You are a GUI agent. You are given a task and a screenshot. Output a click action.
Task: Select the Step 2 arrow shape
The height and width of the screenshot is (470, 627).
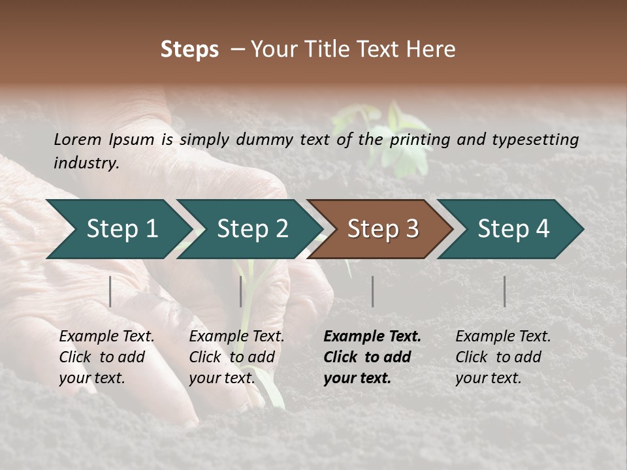[251, 229]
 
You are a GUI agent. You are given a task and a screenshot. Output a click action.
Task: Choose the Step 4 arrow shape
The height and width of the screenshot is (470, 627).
[512, 229]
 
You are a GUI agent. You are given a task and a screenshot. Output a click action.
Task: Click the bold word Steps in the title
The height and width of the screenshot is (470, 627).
[189, 50]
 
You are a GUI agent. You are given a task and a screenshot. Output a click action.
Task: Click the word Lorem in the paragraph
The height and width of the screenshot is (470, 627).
[77, 139]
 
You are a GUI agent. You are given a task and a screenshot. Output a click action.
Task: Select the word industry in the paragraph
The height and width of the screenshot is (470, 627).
[85, 163]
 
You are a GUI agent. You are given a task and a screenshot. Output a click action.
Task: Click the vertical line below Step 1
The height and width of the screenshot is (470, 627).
[110, 291]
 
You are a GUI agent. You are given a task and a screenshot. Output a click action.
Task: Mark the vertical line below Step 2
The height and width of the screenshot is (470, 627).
[241, 291]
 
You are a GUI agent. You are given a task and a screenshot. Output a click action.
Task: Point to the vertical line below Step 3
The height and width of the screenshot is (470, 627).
[372, 291]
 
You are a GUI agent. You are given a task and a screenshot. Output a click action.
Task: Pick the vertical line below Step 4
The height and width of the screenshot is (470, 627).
[504, 291]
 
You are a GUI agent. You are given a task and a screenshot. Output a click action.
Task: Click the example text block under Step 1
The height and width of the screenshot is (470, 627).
[106, 357]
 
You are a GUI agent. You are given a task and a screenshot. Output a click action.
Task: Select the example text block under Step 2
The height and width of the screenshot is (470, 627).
[236, 357]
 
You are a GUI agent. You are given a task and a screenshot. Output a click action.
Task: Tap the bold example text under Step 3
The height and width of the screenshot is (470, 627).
[372, 357]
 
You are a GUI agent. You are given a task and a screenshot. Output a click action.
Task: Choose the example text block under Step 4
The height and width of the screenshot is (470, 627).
[503, 357]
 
